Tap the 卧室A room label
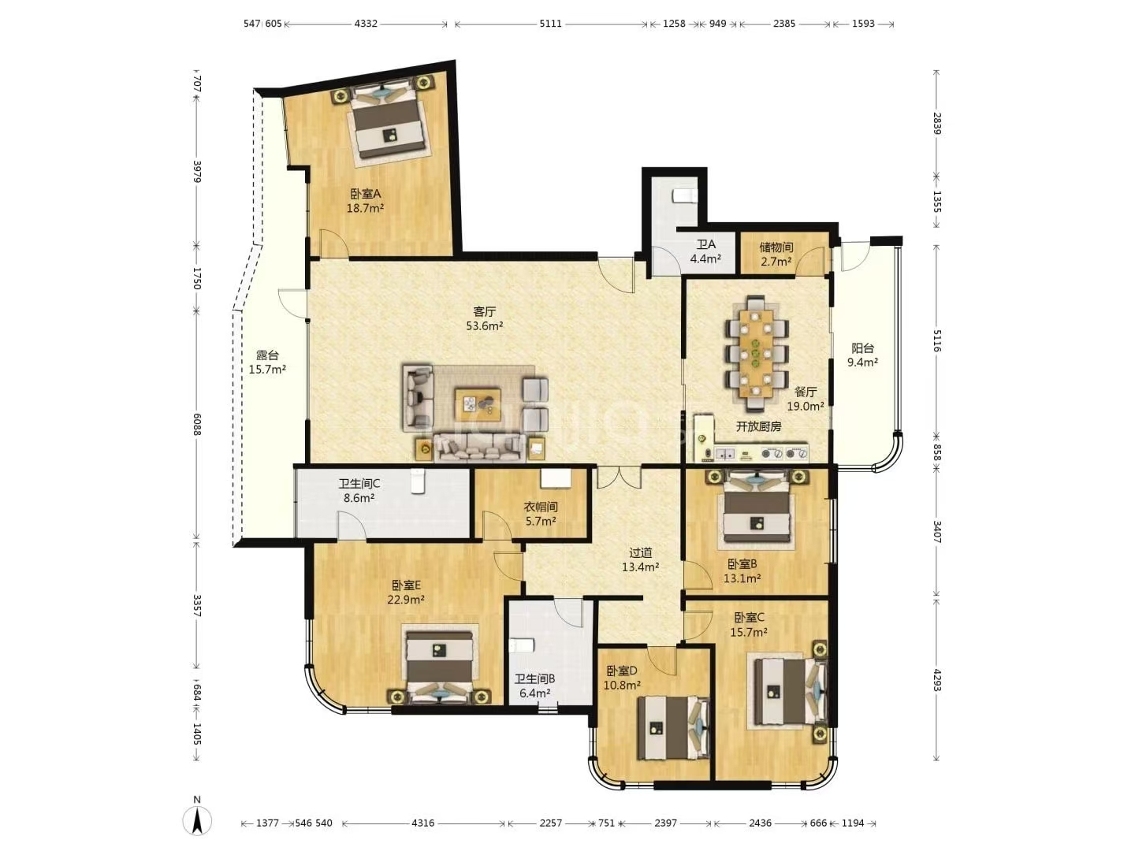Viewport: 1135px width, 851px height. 365,194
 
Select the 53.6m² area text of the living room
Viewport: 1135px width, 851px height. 485,325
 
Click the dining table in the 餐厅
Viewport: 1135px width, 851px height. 757,352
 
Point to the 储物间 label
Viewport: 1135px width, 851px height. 776,247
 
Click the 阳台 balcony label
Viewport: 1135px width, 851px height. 862,348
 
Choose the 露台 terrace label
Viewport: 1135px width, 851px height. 267,355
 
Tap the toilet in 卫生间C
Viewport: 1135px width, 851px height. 417,481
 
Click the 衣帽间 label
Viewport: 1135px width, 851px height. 541,507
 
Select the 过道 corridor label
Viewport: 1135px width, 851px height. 640,552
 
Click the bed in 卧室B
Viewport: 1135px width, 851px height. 757,509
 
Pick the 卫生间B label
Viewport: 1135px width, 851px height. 534,678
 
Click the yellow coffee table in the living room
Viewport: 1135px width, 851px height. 478,405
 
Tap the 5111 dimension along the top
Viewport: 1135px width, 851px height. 550,24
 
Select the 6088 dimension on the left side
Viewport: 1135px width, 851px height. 196,423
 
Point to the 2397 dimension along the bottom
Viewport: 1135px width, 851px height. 665,823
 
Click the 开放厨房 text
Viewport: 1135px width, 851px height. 758,427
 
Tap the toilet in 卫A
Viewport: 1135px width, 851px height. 683,195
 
